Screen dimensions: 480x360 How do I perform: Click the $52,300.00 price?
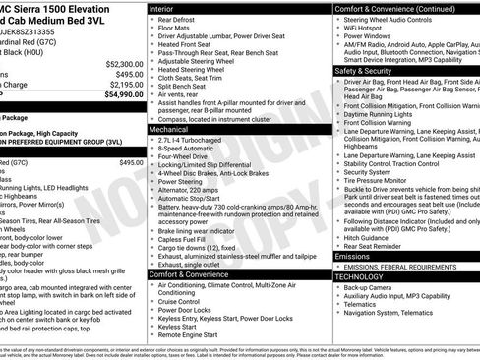coord(123,63)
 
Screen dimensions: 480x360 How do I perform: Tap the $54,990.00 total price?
coord(123,95)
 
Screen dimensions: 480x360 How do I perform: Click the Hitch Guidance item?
coord(367,237)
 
